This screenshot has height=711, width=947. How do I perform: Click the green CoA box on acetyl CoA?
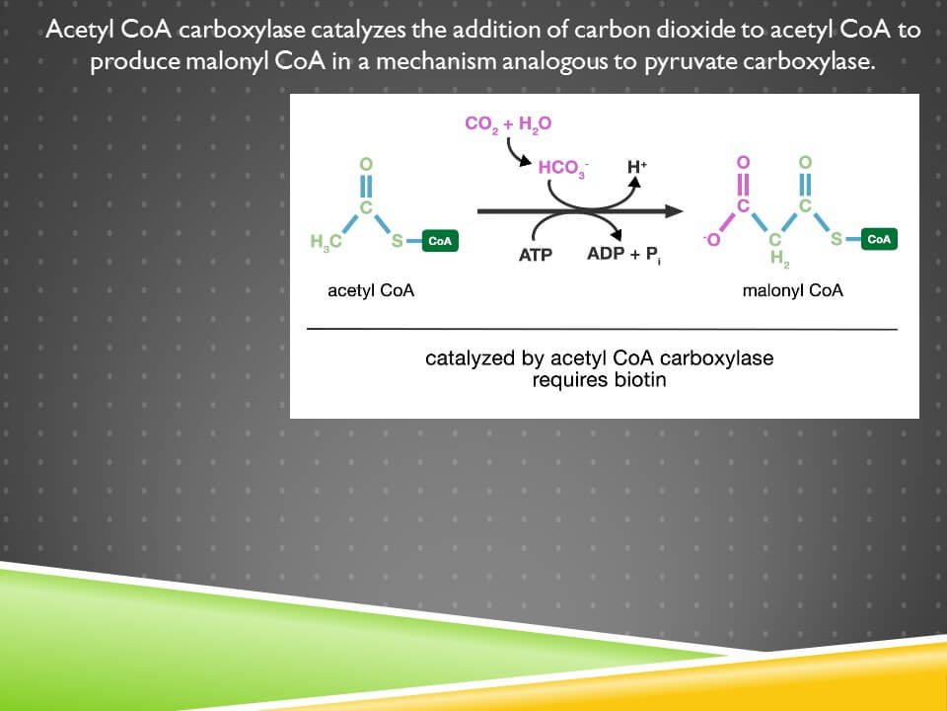point(440,241)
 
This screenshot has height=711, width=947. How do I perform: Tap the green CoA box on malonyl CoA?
point(879,239)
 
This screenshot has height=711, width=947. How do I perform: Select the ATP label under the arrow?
point(535,255)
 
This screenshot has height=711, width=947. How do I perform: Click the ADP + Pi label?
point(623,255)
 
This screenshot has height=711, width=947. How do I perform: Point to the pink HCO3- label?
point(563,168)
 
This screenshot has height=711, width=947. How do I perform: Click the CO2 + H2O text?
point(508,124)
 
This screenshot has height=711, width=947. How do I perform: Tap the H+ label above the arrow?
point(637,166)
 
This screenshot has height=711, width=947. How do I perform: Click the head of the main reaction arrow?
point(674,211)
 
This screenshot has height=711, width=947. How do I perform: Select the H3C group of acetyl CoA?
point(326,242)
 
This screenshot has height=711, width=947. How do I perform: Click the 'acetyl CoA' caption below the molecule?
point(371,290)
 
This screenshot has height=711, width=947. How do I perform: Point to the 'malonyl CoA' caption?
point(792,290)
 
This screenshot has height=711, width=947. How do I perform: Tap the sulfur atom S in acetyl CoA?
point(397,241)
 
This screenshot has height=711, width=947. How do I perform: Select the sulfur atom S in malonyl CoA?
point(836,239)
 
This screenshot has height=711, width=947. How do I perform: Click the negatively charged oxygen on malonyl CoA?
point(712,239)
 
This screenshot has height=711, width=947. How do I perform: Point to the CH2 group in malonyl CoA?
point(778,250)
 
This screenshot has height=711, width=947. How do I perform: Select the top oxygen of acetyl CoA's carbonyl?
point(366,164)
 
